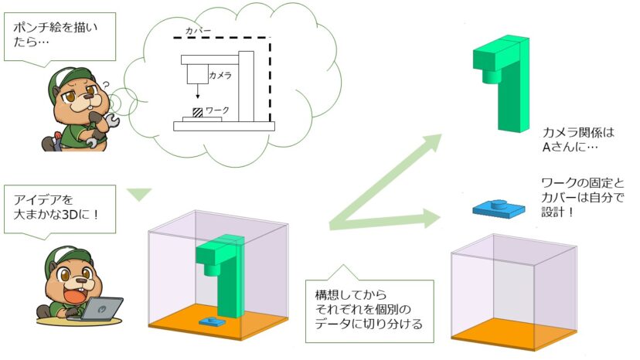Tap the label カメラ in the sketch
coord(221,76)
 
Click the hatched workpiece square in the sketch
coord(199,112)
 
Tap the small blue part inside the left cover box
coord(210,319)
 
